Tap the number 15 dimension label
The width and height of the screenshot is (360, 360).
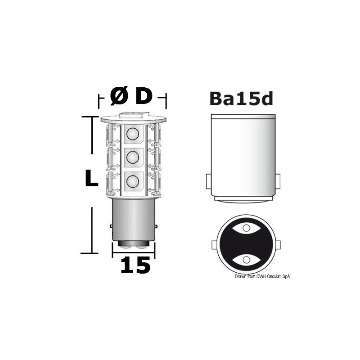pyautogui.click(x=135, y=265)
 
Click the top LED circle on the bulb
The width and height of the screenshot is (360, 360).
pyautogui.click(x=132, y=134)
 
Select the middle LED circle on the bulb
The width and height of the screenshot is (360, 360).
pyautogui.click(x=132, y=157)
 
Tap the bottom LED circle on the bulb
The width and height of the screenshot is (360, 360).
pyautogui.click(x=132, y=181)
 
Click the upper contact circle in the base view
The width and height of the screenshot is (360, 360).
pyautogui.click(x=246, y=228)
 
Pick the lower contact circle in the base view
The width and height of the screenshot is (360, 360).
pyautogui.click(x=246, y=260)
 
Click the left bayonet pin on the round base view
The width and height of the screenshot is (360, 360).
pyautogui.click(x=214, y=245)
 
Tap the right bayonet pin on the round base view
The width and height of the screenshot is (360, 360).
pyautogui.click(x=278, y=245)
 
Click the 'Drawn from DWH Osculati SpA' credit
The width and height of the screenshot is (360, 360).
pyautogui.click(x=262, y=276)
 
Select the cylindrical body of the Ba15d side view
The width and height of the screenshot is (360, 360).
pyautogui.click(x=243, y=157)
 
